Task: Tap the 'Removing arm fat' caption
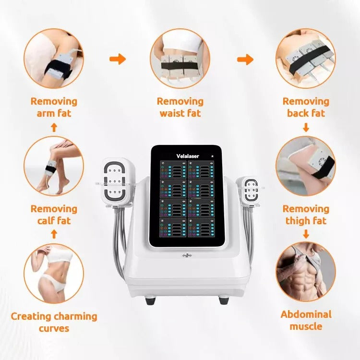point(54,108)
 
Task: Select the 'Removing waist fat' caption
point(180,108)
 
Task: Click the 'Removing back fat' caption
point(306,108)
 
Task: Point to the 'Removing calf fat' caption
point(54,215)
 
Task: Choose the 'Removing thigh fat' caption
point(306,215)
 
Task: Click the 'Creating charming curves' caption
point(54,322)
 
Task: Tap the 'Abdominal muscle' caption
point(306,320)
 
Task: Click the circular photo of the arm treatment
point(54,58)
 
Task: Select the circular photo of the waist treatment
point(180,58)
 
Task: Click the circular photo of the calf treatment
point(54,166)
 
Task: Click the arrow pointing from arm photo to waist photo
point(118,59)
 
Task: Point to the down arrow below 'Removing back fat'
point(306,128)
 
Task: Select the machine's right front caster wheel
point(224,300)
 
